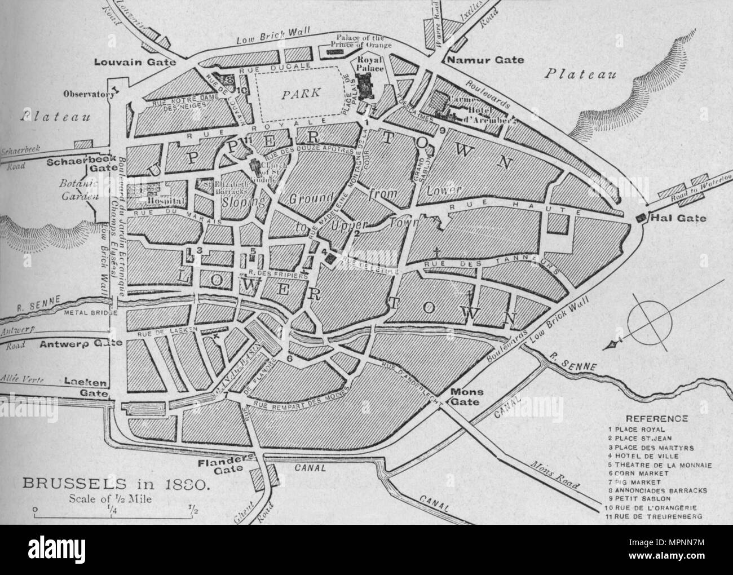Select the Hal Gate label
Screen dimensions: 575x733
tap(672, 218)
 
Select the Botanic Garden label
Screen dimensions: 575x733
tap(79, 191)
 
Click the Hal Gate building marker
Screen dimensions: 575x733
tap(641, 218)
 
